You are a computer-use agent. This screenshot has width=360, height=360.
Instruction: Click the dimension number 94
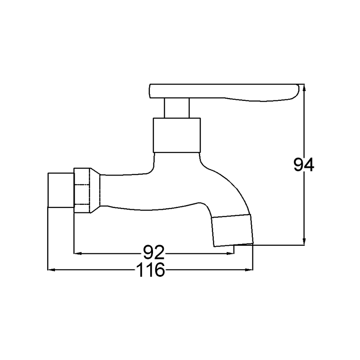pyautogui.click(x=303, y=165)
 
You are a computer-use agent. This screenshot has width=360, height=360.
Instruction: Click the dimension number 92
pyautogui.click(x=154, y=252)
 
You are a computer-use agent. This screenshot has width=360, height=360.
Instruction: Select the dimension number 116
pyautogui.click(x=151, y=270)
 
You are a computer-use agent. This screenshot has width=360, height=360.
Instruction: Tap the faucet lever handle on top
pyautogui.click(x=224, y=92)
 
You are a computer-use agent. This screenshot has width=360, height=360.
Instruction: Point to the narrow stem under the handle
pyautogui.click(x=176, y=108)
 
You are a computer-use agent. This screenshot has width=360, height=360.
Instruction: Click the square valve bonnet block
pyautogui.click(x=177, y=135)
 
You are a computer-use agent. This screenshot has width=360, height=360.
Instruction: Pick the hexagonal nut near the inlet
pyautogui.click(x=82, y=190)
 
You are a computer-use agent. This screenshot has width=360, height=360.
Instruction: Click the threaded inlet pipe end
pyautogui.click(x=61, y=190)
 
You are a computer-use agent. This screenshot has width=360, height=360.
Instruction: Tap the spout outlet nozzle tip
pyautogui.click(x=232, y=230)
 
